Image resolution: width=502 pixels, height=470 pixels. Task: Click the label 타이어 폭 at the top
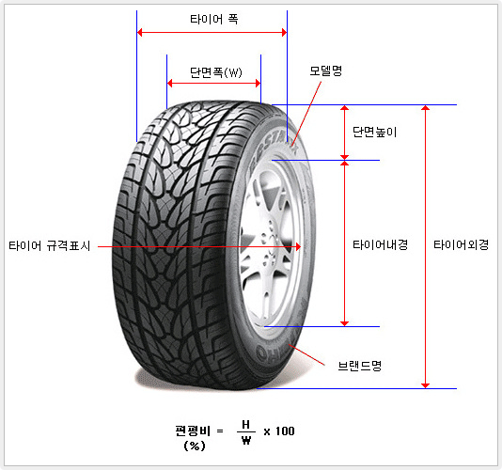point(213,19)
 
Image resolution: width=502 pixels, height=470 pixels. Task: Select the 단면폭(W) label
point(216,72)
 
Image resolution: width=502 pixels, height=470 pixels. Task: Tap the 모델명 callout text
point(325,70)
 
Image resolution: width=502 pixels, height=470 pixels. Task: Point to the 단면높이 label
point(374,132)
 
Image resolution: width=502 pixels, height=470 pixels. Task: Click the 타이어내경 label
point(380,245)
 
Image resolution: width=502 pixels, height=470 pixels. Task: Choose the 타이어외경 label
point(461,245)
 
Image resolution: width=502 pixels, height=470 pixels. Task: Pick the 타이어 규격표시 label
point(50,246)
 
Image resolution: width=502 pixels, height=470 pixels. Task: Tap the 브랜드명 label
point(360,366)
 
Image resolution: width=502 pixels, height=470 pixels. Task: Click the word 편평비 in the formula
point(193,431)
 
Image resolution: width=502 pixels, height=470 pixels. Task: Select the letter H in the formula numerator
point(246,425)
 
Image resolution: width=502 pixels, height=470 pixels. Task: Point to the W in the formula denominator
point(246,440)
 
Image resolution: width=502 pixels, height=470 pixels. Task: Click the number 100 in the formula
point(285,431)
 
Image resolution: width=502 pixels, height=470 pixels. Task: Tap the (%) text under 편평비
point(195,446)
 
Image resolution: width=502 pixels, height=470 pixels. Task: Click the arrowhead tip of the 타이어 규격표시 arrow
point(301,246)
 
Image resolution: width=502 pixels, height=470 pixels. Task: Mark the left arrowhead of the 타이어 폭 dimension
point(137,32)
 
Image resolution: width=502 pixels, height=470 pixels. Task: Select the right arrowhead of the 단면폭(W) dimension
point(260,84)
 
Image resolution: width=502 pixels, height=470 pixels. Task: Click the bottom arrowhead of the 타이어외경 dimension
point(425,388)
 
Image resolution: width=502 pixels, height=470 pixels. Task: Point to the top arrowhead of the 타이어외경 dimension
point(425,105)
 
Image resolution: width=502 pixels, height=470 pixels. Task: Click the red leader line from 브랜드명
point(306,354)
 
